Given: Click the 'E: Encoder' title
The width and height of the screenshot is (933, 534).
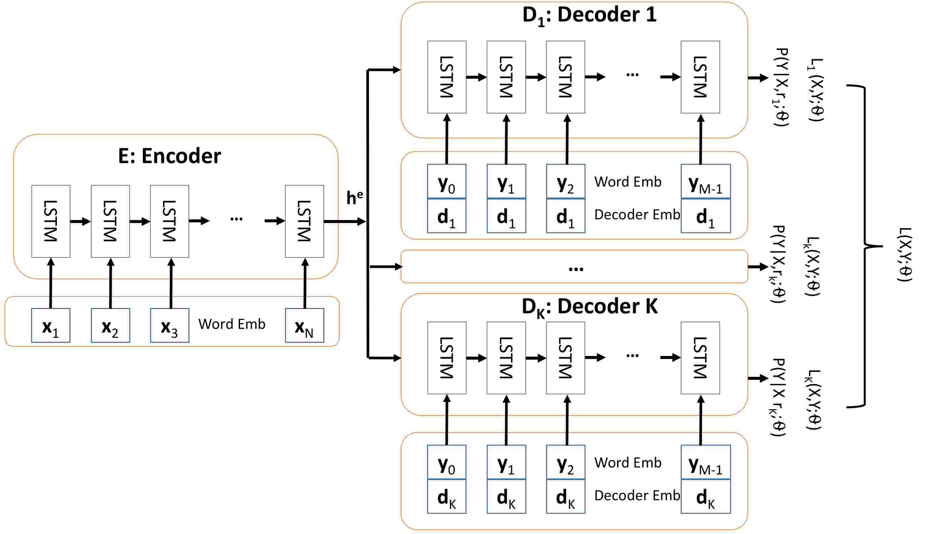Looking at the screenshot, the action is click(x=169, y=156).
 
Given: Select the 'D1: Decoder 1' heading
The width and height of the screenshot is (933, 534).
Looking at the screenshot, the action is click(x=589, y=16).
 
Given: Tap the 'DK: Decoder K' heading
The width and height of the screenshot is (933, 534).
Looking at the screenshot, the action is click(x=589, y=307).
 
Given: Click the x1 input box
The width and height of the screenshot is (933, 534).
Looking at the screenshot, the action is click(x=51, y=325).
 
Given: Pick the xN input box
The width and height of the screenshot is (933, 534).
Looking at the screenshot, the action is click(x=304, y=325).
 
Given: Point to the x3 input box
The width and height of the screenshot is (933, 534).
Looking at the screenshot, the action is click(x=170, y=325).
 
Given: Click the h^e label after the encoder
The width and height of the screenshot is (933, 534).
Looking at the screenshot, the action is click(x=355, y=198).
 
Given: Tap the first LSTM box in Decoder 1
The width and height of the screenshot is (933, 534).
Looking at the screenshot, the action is click(x=447, y=77).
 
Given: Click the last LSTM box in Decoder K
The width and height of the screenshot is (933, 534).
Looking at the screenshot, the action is click(x=700, y=358).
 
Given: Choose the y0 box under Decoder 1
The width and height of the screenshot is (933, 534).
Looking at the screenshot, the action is click(x=447, y=182).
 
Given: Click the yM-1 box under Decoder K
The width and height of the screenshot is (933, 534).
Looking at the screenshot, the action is click(x=706, y=462).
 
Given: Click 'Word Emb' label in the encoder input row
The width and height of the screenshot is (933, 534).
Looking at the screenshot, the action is click(x=232, y=324).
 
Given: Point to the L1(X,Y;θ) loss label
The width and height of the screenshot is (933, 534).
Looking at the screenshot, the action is click(x=815, y=90).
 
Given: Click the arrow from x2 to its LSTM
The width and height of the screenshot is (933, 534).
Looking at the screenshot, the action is click(x=111, y=283).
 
